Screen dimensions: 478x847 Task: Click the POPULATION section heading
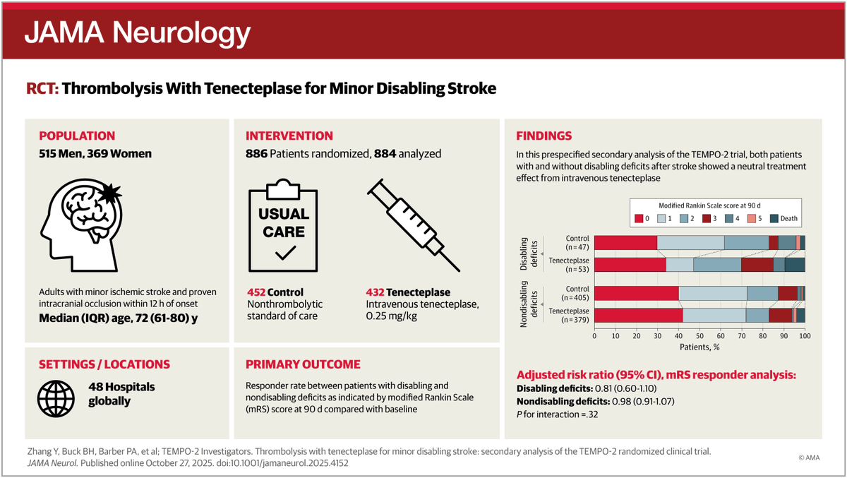tap(77, 136)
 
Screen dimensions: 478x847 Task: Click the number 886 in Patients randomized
tap(256, 154)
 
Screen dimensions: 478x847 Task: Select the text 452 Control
tap(275, 292)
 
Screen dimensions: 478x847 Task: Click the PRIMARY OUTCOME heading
tap(303, 364)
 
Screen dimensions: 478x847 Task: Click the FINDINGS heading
tap(543, 136)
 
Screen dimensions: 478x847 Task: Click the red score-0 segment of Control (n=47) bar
tap(625, 243)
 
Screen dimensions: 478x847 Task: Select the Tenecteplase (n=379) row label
tap(569, 315)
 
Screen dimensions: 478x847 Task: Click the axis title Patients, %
tap(699, 347)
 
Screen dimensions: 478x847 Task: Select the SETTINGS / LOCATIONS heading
tap(104, 364)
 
